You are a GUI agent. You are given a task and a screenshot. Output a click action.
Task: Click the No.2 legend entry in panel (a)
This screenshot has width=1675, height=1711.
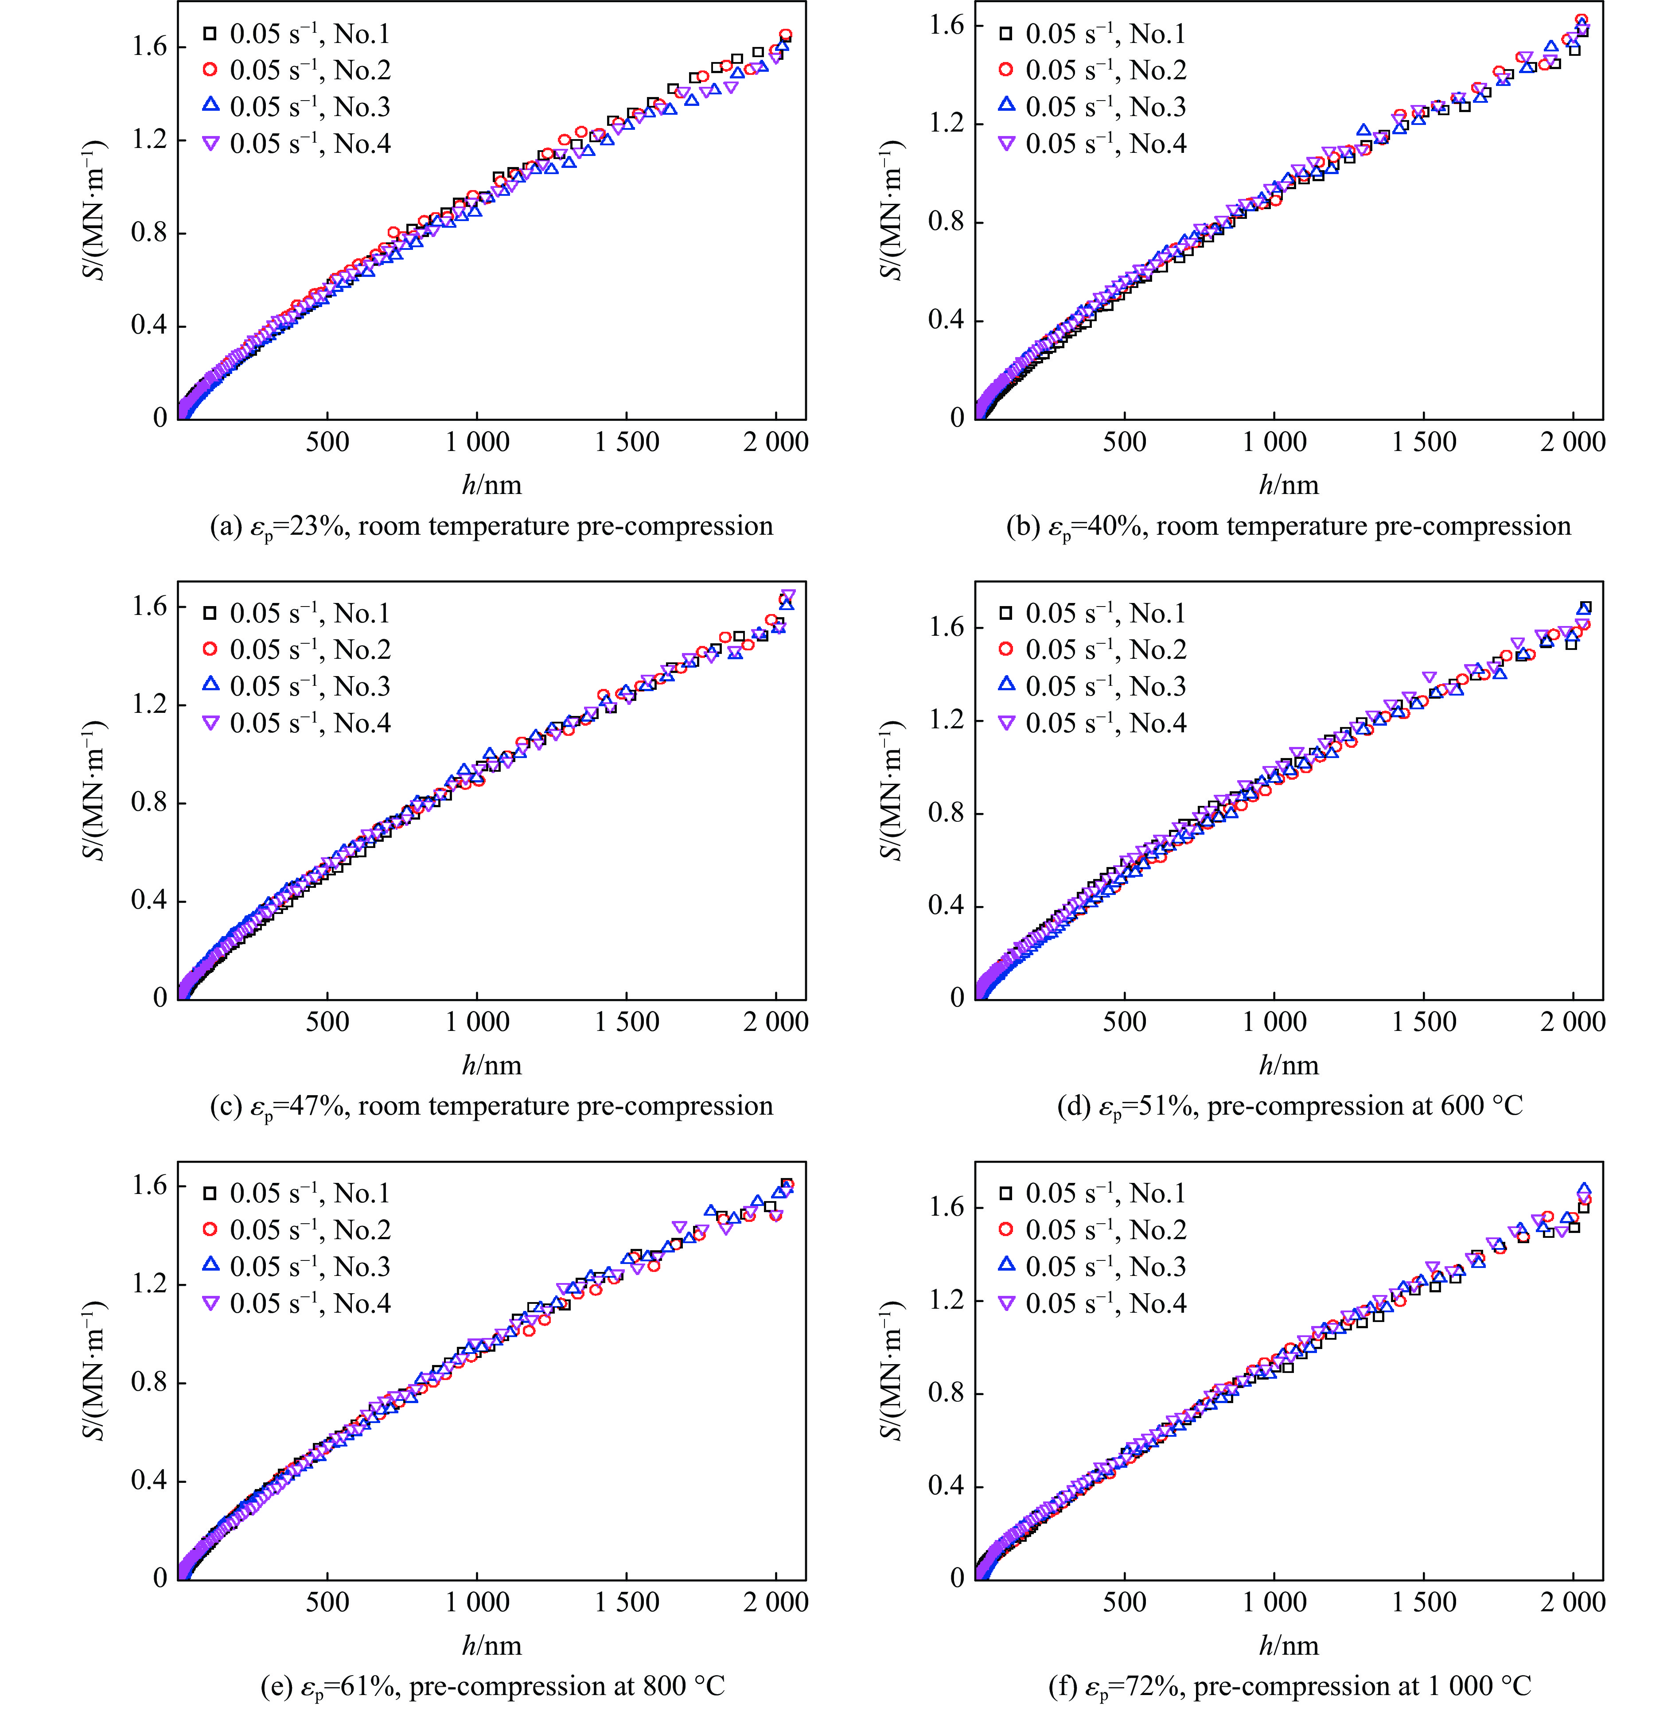point(299,70)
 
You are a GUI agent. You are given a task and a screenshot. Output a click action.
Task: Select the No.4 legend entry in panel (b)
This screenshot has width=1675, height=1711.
point(1095,144)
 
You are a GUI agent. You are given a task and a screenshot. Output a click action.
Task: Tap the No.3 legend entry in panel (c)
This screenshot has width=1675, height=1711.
point(299,686)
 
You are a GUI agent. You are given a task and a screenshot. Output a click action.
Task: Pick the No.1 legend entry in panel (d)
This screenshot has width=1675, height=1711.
point(1095,613)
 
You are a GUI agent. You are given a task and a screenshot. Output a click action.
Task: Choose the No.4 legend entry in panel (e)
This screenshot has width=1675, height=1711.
point(299,1303)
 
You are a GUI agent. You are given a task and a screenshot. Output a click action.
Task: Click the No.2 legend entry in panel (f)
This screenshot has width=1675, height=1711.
point(1095,1230)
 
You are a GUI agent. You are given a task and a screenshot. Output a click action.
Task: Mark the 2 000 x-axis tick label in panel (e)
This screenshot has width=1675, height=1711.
point(775,1602)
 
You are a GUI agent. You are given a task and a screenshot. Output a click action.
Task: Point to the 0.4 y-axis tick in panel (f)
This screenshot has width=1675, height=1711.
point(947,1486)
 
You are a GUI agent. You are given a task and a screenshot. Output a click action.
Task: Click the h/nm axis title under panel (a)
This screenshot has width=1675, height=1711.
point(492,485)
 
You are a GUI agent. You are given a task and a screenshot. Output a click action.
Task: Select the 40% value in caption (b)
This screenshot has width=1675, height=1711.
point(1117,526)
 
